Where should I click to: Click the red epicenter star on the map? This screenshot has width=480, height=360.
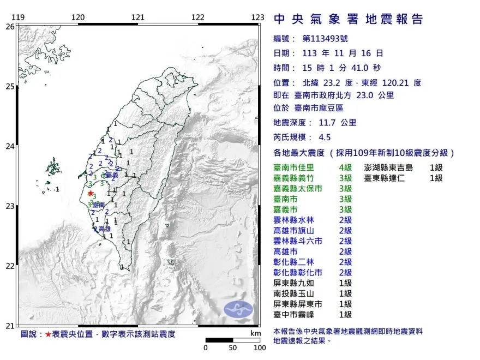(90, 193)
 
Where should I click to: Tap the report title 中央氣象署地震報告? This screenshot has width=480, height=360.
(349, 20)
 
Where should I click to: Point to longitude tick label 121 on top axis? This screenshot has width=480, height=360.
(138, 17)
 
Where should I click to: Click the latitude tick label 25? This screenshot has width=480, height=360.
(10, 86)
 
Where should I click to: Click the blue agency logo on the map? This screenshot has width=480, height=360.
(238, 309)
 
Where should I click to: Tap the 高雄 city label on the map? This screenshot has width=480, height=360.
(104, 229)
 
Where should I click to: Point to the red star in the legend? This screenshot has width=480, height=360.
(49, 334)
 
